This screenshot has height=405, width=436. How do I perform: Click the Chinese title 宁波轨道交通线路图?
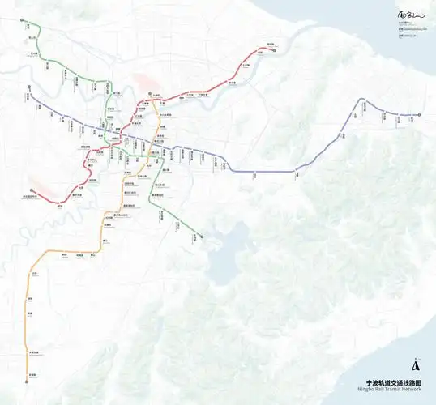point(395,383)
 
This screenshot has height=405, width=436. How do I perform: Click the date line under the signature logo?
point(406,35)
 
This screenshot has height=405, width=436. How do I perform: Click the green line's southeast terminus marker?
point(201,237)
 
